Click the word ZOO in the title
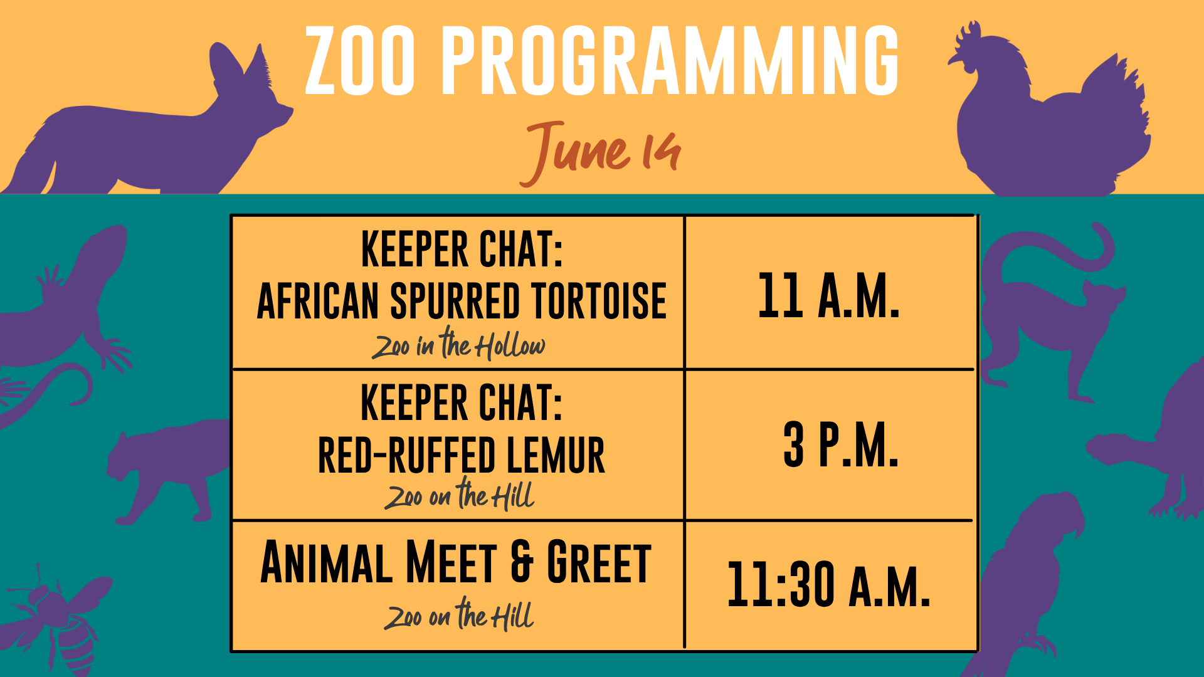coord(360,61)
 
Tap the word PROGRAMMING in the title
coord(670,61)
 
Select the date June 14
coord(600,152)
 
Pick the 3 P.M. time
coord(841,444)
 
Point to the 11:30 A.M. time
coord(828,584)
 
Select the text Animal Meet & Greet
coord(456,562)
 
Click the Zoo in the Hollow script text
coord(458,344)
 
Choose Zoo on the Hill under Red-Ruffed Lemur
coord(459,494)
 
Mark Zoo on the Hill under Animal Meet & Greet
coord(459,614)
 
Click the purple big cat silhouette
coord(166,470)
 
